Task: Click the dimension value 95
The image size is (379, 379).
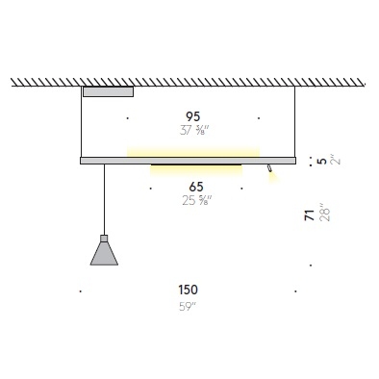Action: click(192, 116)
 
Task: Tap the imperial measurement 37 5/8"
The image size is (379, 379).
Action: click(194, 131)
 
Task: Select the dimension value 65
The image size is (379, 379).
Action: click(196, 187)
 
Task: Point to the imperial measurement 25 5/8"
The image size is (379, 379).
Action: click(197, 201)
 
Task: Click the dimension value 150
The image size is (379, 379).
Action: click(189, 290)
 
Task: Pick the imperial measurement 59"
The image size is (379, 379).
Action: click(188, 307)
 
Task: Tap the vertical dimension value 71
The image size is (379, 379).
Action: click(310, 215)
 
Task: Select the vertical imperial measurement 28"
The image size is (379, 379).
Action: click(324, 215)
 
